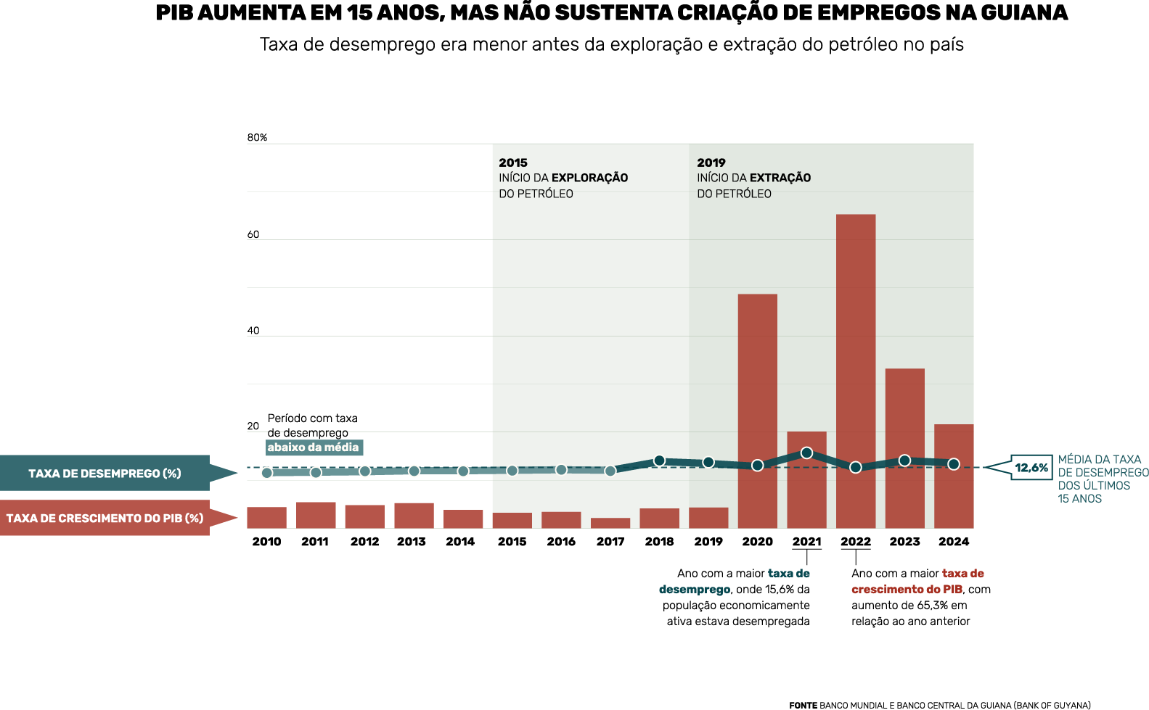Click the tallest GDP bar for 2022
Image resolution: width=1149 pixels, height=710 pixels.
tap(856, 370)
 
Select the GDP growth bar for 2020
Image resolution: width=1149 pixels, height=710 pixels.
tap(757, 410)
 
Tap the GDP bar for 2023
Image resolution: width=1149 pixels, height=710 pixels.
tap(904, 447)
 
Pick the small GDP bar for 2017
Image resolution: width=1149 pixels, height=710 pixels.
tap(610, 523)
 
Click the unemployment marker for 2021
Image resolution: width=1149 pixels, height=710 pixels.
tap(806, 453)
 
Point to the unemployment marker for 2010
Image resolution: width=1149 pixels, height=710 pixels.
tap(267, 473)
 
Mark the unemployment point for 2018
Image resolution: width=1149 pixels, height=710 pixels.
tap(659, 461)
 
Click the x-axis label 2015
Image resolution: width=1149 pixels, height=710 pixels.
tap(512, 542)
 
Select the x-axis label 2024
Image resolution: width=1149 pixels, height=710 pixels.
tap(953, 542)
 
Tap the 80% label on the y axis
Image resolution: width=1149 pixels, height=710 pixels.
tap(257, 138)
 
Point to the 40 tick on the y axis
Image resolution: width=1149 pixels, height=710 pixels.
tap(253, 331)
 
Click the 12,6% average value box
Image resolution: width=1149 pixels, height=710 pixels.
tap(1031, 468)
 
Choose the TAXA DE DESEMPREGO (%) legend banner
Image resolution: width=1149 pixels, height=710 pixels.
tap(105, 474)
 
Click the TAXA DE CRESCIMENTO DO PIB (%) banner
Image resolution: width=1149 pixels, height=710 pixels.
tap(105, 518)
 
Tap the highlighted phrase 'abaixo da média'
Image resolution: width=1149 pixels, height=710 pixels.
tap(313, 447)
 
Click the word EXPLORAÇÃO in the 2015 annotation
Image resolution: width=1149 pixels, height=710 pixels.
tap(589, 178)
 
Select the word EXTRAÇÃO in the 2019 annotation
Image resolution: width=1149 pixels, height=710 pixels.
tap(780, 178)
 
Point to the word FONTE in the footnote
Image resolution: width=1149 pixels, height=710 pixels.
tap(803, 705)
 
